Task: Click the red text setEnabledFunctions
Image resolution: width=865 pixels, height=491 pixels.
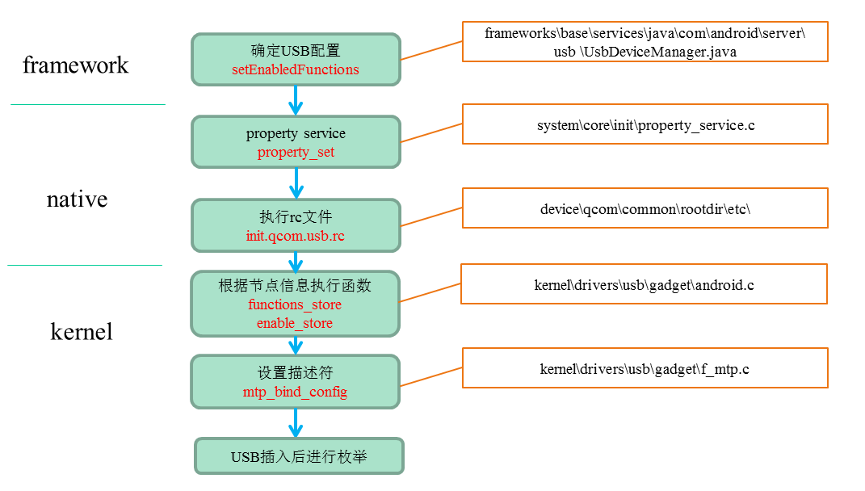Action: click(296, 70)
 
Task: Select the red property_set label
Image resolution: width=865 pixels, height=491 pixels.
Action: click(296, 153)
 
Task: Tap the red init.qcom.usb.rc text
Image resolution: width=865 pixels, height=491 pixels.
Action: click(296, 237)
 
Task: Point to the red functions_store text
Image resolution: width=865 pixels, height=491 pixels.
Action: click(295, 305)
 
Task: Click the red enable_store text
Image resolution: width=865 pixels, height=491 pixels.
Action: click(295, 323)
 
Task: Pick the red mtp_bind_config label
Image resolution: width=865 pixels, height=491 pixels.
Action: click(295, 392)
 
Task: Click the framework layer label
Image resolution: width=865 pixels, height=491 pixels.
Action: click(75, 65)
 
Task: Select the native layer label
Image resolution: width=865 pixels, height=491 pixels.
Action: click(77, 199)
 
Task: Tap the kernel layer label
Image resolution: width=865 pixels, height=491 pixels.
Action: click(82, 331)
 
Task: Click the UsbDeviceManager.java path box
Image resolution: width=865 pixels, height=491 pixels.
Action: click(645, 42)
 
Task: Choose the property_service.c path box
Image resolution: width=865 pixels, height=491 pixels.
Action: click(645, 124)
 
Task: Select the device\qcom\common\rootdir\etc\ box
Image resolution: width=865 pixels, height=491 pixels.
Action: click(645, 208)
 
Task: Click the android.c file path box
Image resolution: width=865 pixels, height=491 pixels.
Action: click(644, 284)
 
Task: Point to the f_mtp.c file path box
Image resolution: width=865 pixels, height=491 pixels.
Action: click(645, 369)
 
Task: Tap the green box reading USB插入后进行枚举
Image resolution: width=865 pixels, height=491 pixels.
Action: click(299, 457)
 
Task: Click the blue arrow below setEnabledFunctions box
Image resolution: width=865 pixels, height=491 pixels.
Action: click(296, 100)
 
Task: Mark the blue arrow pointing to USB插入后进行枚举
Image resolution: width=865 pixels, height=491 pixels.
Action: click(296, 423)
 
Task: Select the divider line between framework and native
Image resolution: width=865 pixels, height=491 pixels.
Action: click(87, 104)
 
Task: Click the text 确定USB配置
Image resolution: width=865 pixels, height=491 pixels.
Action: click(296, 50)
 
